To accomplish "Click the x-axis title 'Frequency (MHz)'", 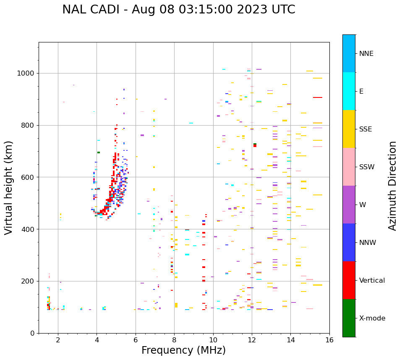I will [x=183, y=350].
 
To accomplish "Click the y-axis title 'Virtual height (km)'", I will [x=9, y=187].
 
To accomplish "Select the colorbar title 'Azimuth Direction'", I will [x=392, y=186].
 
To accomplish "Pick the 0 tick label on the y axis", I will [x=33, y=333].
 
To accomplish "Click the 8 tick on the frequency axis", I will [x=174, y=340].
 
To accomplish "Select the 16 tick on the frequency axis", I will [x=329, y=340].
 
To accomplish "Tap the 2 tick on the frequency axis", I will [x=58, y=340].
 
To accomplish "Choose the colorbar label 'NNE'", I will [x=366, y=54].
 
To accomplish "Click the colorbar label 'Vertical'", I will [x=372, y=281].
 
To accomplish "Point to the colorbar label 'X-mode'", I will [x=372, y=318].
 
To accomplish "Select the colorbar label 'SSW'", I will [x=367, y=167].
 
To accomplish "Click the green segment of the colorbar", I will [x=349, y=318].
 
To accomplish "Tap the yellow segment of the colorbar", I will [x=349, y=129].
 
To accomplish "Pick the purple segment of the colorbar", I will [x=349, y=205].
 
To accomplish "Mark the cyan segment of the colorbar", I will [x=349, y=91].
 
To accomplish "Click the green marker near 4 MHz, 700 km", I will [x=99, y=152].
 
